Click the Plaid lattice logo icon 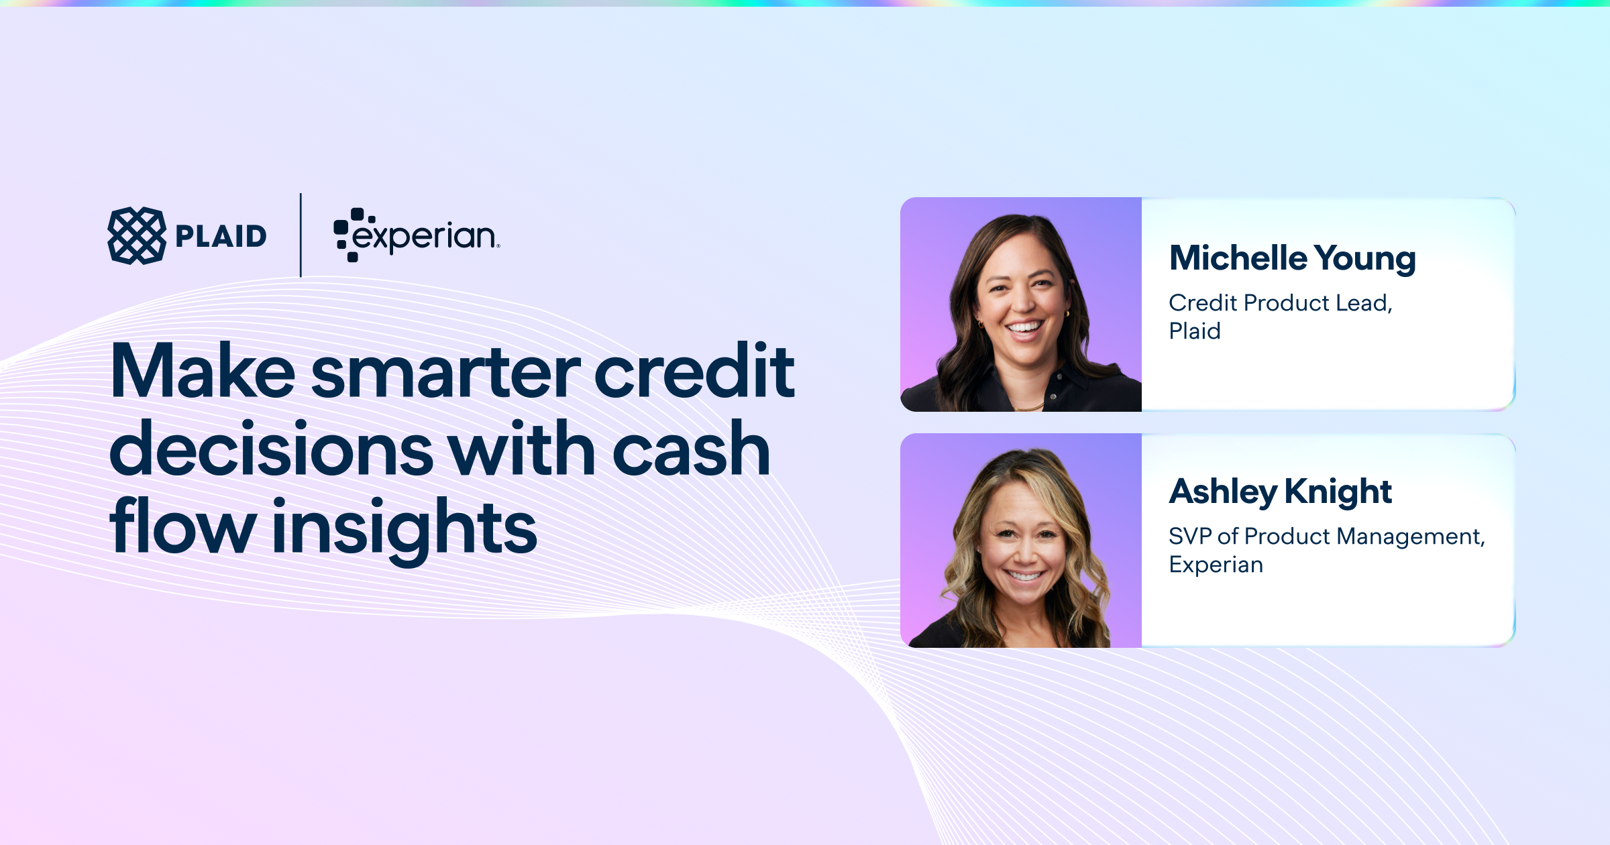(137, 235)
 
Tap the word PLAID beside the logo (221, 236)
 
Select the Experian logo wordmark (417, 235)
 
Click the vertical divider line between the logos (301, 235)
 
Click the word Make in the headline (203, 371)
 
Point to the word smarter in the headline (445, 373)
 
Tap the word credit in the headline (694, 370)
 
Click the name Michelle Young (1293, 259)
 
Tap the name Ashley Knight (1281, 492)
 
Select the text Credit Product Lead (1281, 303)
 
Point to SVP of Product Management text (1327, 537)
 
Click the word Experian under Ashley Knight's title (1216, 565)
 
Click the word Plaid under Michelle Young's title (1195, 331)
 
